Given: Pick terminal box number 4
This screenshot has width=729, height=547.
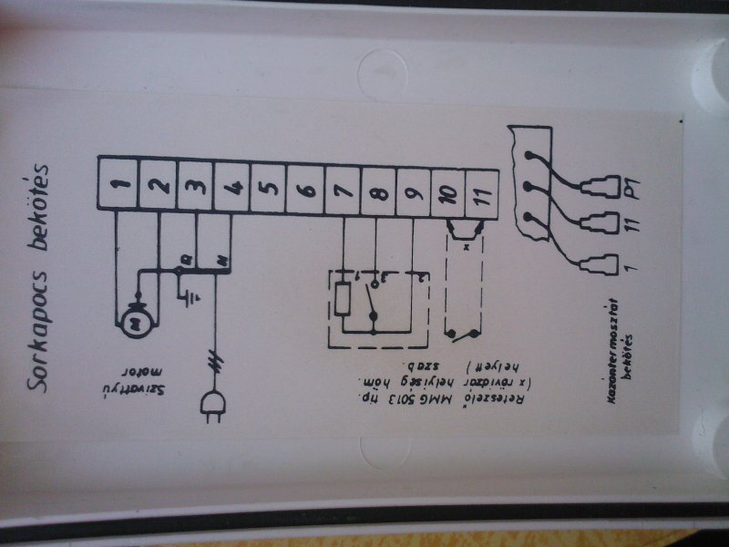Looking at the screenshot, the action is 231,187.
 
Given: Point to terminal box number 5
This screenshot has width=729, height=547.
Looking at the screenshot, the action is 268,189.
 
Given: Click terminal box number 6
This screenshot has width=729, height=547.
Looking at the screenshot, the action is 304,191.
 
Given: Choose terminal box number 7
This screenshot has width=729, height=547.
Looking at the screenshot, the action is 342,191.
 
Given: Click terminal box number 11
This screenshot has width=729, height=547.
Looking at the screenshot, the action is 483,194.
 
